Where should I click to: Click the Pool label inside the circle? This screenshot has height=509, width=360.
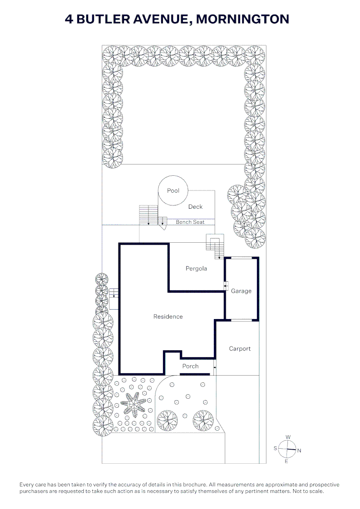[173, 190]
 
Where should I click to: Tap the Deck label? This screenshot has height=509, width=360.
[196, 206]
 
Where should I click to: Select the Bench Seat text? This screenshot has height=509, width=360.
[190, 222]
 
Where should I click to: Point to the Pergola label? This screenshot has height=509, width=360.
[196, 269]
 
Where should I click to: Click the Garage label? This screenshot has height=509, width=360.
[241, 291]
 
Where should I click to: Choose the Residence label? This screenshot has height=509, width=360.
[168, 317]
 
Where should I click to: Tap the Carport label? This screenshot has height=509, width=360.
[240, 349]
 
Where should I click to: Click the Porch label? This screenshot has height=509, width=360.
[190, 366]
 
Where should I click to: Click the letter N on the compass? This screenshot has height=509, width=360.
[299, 451]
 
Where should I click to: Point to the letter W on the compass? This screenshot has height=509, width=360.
[288, 437]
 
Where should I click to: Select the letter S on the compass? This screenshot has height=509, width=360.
[275, 448]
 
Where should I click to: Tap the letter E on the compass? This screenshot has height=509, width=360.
[286, 461]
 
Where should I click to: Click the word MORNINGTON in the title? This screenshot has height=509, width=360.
[243, 19]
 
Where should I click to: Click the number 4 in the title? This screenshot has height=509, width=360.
[69, 19]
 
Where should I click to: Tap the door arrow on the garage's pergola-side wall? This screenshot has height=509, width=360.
[226, 286]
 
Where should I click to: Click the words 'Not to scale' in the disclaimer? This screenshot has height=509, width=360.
[308, 491]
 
